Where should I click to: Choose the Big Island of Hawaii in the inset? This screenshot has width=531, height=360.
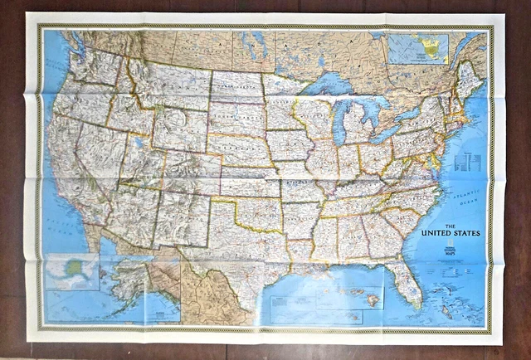tap(373, 299)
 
